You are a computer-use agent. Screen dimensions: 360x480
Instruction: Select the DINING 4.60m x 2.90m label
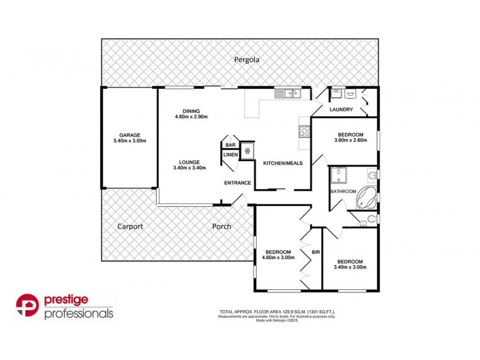pos(191,113)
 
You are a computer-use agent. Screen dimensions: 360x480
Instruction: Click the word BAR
pos(230,145)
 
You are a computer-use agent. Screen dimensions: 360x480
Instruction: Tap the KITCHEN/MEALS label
pos(283,163)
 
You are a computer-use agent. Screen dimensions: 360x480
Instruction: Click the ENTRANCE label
pos(237,182)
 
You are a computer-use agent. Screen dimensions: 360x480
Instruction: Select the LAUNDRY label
pos(341,109)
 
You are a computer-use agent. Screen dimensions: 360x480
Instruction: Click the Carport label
pos(130,227)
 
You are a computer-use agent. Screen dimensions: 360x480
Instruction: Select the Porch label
pos(221,227)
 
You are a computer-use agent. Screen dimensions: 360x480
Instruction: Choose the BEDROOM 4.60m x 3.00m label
pos(278,254)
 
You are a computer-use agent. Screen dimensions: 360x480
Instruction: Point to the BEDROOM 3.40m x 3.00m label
pos(350,264)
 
